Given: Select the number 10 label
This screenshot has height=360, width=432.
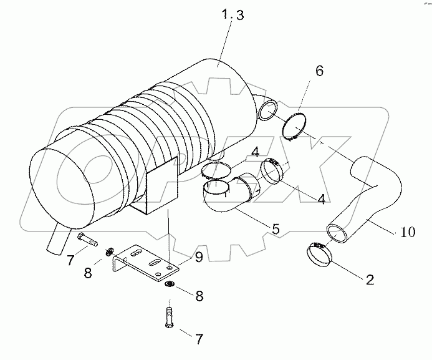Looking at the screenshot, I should coord(407,233).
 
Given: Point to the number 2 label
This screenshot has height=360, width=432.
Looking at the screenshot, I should coord(369,280).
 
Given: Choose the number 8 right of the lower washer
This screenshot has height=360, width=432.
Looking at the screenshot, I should coord(199,296).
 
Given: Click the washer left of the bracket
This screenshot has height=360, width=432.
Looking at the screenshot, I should coord(110,252).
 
